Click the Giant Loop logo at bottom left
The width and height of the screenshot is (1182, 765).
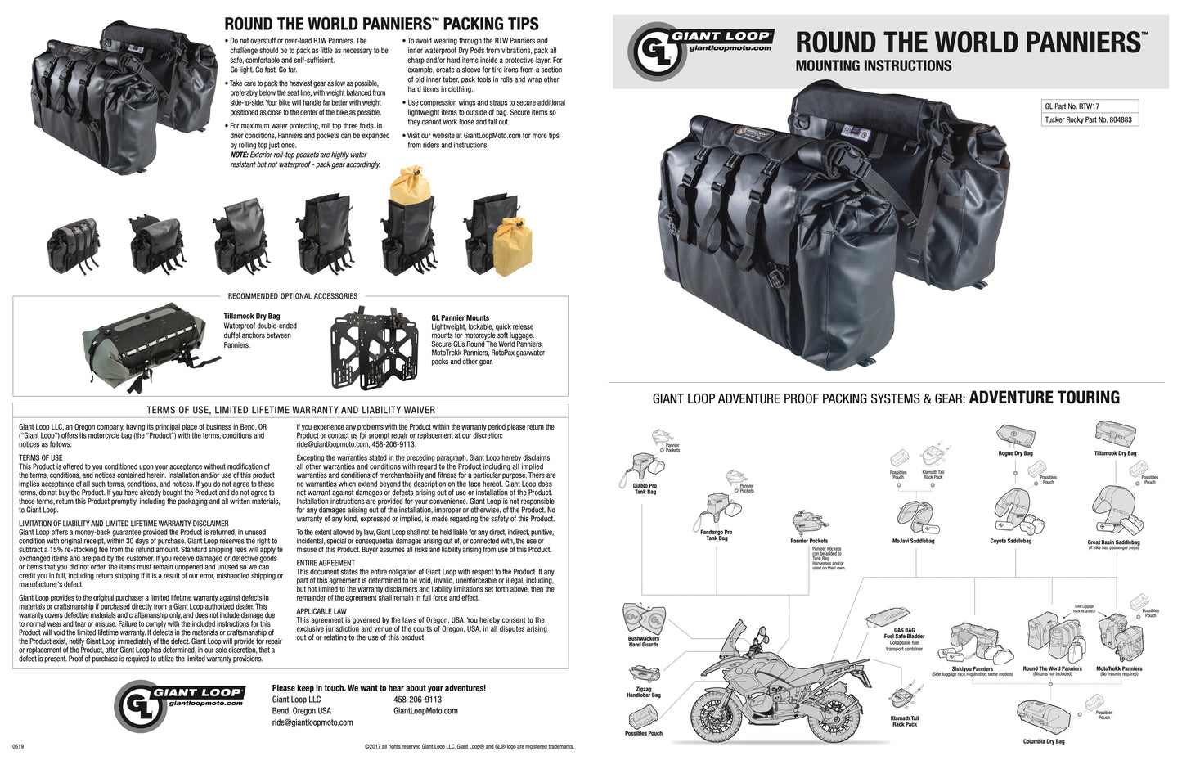click(x=181, y=702)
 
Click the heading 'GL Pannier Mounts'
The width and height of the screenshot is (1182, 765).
click(x=460, y=318)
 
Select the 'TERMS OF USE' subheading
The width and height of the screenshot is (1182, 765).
click(x=41, y=458)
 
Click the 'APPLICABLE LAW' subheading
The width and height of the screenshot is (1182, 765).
click(x=321, y=611)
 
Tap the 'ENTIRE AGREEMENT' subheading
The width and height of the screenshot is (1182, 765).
click(x=326, y=564)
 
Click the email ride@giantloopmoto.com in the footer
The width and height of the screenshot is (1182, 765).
click(x=312, y=722)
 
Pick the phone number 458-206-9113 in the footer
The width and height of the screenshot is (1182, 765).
click(x=417, y=700)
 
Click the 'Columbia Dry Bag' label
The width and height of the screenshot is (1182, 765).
click(x=1044, y=741)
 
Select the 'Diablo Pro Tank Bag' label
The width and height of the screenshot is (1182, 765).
click(x=645, y=488)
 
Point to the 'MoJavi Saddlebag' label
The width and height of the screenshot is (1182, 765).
click(x=913, y=541)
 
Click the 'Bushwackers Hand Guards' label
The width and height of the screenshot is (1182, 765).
click(x=643, y=641)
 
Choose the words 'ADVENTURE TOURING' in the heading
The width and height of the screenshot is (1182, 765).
click(x=1044, y=398)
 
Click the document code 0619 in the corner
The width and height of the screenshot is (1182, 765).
click(x=18, y=746)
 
